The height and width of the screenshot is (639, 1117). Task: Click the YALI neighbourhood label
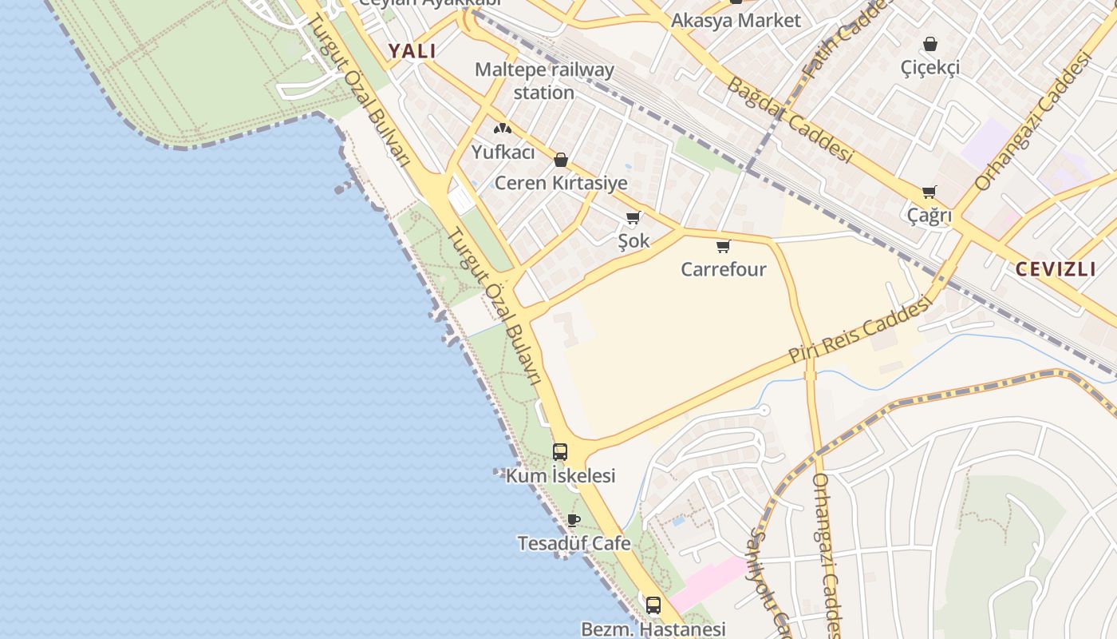pyautogui.click(x=412, y=51)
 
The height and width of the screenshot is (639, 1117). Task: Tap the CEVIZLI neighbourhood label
pyautogui.click(x=1055, y=268)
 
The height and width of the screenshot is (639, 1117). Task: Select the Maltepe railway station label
pyautogui.click(x=544, y=81)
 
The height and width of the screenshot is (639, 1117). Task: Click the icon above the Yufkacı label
pyautogui.click(x=502, y=128)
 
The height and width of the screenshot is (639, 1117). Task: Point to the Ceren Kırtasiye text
pyautogui.click(x=561, y=183)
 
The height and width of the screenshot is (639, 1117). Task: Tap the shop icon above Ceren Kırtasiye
pyautogui.click(x=561, y=160)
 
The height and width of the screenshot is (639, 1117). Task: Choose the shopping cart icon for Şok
pyautogui.click(x=633, y=217)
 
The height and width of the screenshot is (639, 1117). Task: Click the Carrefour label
pyautogui.click(x=723, y=269)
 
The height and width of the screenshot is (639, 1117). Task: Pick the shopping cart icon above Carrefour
pyautogui.click(x=723, y=246)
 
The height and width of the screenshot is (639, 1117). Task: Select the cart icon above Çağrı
pyautogui.click(x=929, y=192)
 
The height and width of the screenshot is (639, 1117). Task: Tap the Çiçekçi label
pyautogui.click(x=930, y=68)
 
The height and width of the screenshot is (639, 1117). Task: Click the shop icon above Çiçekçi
pyautogui.click(x=930, y=43)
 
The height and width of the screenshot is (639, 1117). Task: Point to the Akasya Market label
pyautogui.click(x=735, y=21)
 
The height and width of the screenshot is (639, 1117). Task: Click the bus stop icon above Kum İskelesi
pyautogui.click(x=560, y=452)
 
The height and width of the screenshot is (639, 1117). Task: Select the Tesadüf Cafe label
pyautogui.click(x=574, y=543)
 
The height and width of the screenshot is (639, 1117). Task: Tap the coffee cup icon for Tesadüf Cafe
pyautogui.click(x=574, y=520)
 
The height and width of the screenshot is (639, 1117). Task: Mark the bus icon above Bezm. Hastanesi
pyautogui.click(x=653, y=605)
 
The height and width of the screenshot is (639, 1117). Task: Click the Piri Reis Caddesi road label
pyautogui.click(x=860, y=330)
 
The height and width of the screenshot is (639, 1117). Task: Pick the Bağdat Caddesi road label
pyautogui.click(x=790, y=120)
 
